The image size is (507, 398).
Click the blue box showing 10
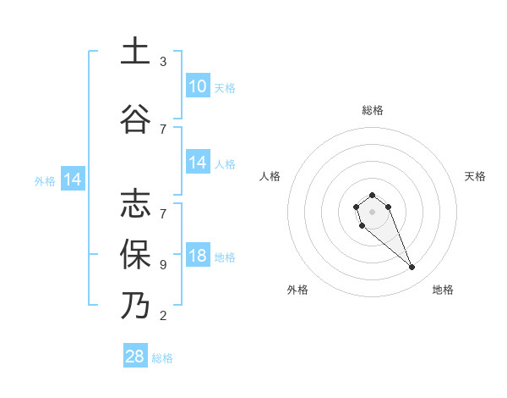(198, 87)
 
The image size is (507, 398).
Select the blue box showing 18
(198, 257)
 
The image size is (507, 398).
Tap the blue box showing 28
(135, 357)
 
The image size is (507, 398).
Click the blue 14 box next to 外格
(72, 180)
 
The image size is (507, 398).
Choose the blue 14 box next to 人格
(198, 163)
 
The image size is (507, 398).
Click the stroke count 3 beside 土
(163, 62)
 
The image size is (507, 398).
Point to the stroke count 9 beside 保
(163, 264)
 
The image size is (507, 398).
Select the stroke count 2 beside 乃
(163, 316)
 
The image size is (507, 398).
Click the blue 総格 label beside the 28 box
(163, 358)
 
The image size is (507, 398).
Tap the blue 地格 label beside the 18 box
(225, 257)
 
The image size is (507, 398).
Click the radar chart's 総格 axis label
(372, 110)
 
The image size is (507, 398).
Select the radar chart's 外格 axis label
(297, 290)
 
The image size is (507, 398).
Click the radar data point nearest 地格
(412, 268)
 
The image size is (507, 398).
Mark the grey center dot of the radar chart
(372, 211)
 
